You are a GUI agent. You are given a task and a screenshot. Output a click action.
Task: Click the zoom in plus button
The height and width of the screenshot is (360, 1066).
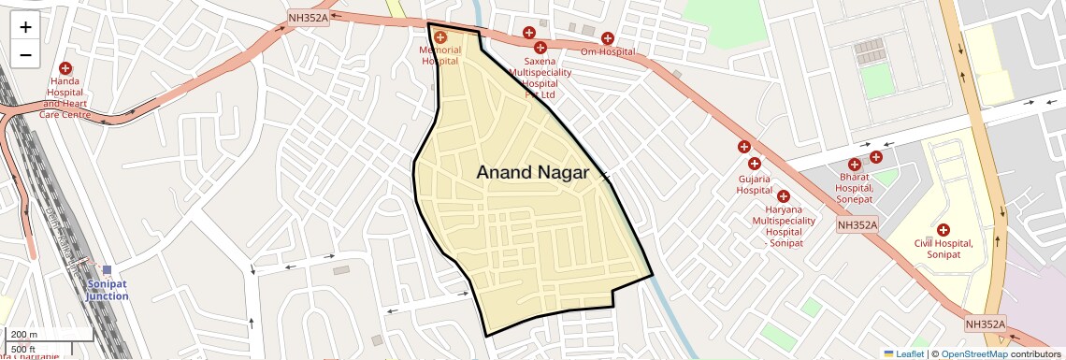coord(25,26)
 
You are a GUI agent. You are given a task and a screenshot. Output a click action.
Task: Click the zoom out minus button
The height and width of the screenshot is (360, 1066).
coord(25,54)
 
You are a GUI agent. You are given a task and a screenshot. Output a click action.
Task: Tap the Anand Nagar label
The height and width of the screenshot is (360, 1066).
coord(532,172)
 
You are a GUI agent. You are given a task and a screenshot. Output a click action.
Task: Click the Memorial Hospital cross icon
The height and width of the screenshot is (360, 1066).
coord(440,37)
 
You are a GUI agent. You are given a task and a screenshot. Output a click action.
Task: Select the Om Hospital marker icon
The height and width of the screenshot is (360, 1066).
coord(608,38)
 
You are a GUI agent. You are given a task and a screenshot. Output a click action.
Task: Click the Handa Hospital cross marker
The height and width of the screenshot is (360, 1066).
coord(65,68)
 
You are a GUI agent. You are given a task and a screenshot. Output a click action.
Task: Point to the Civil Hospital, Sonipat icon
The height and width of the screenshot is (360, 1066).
coord(943,230)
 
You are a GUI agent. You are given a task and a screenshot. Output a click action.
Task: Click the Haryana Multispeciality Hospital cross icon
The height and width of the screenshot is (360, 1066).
coord(784,196)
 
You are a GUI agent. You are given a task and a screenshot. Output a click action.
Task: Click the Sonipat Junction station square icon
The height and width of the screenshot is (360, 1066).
coord(108,270)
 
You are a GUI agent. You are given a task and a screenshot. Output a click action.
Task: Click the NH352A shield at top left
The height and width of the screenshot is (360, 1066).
coord(309,18)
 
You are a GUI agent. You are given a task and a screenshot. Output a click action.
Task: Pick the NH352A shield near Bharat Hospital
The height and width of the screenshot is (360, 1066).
coord(857,224)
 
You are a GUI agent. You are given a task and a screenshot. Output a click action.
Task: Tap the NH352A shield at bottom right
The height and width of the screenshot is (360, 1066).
coord(987,324)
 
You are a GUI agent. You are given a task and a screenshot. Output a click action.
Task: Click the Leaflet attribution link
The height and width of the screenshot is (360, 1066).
coord(903,353)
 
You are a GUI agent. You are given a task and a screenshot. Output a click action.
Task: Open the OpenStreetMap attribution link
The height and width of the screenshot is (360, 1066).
coord(974,353)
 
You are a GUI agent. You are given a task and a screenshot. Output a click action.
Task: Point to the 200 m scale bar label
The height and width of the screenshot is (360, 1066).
coord(23,334)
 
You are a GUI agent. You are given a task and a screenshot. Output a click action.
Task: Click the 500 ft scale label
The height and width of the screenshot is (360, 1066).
coord(24,349)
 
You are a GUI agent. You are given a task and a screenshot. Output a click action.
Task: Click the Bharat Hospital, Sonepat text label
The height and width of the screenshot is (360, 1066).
coord(854,187)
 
